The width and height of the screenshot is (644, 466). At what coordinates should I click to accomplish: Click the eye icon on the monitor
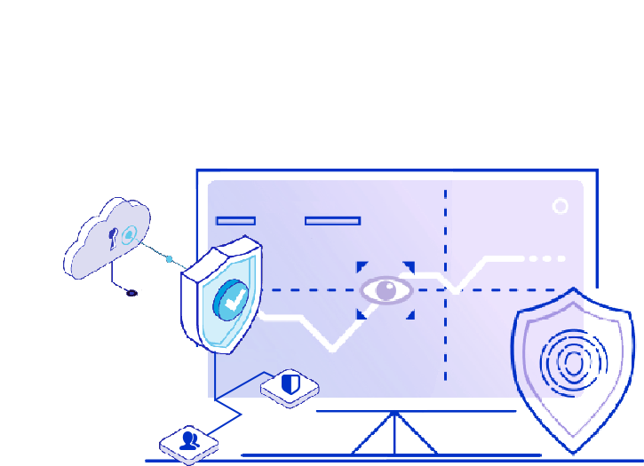coord(386,289)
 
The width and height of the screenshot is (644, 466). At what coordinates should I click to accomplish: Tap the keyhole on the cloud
coord(113,238)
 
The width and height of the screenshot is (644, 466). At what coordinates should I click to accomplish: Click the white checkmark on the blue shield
coord(234,302)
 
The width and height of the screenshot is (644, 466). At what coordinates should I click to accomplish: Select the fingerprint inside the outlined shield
coord(574,362)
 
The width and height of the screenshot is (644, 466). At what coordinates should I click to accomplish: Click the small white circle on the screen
coord(561,206)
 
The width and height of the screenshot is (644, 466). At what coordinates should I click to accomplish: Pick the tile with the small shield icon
coord(290,386)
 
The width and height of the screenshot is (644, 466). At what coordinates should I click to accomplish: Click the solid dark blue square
coord(225,417)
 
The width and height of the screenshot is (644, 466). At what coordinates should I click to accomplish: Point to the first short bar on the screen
coord(235,220)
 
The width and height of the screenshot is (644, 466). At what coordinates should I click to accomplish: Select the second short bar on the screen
coord(332,220)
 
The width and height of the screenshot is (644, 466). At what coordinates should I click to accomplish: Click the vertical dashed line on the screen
coord(445,337)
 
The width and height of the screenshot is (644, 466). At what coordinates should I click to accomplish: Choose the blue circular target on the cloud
coord(130,234)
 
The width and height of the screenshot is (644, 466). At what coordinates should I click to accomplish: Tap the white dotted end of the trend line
coord(544,258)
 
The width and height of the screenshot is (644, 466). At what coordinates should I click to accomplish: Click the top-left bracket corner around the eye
coord(362,265)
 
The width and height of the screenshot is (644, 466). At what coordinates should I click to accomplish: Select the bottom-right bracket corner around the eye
coord(410,313)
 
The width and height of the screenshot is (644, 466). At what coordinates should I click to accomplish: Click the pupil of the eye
coord(387,288)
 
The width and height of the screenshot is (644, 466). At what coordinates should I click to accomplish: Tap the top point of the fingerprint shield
coord(575,290)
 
